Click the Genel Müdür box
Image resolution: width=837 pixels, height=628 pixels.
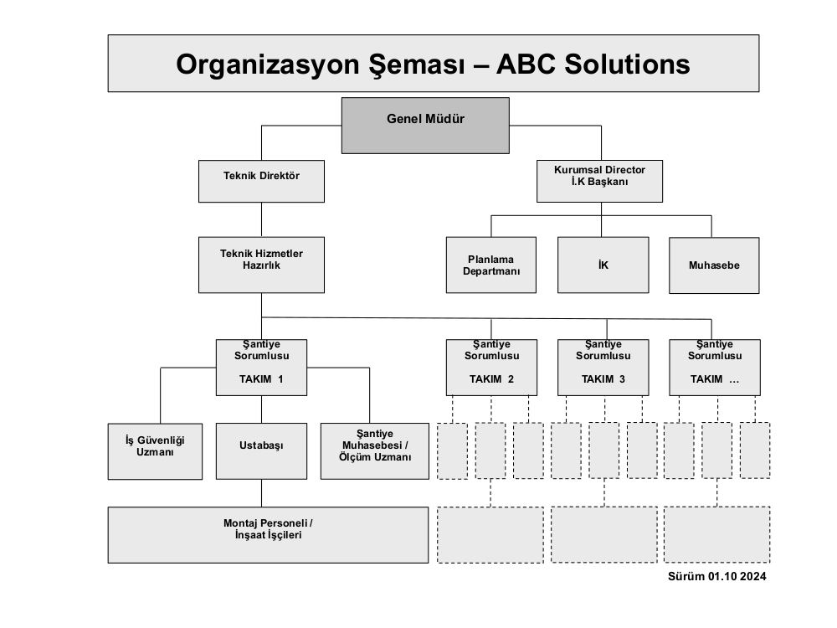(x=425, y=126)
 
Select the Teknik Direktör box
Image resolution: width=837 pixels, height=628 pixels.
(x=261, y=181)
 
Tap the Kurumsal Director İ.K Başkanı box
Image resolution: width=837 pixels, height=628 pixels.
(x=599, y=181)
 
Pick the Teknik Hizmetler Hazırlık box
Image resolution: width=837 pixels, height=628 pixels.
(x=261, y=265)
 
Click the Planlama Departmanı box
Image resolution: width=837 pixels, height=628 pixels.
(x=491, y=265)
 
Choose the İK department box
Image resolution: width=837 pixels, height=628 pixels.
(x=603, y=265)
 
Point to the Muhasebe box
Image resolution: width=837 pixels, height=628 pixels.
(x=714, y=265)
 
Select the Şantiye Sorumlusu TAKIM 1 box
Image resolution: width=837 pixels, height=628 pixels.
(x=261, y=368)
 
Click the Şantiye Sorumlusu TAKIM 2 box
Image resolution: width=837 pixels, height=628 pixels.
(x=491, y=368)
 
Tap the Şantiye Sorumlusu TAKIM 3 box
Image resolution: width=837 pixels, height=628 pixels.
(x=603, y=368)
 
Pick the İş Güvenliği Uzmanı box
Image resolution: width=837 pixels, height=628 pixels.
(x=156, y=451)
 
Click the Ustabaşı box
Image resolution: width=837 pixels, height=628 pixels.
(x=261, y=451)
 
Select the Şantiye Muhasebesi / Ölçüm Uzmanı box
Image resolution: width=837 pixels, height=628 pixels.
(x=375, y=451)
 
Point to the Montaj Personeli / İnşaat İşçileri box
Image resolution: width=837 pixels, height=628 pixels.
(x=268, y=534)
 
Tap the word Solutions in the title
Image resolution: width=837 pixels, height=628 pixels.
(x=627, y=64)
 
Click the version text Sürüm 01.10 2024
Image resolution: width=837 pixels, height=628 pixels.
(x=717, y=576)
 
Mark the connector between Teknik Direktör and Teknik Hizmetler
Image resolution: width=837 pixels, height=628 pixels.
(x=261, y=219)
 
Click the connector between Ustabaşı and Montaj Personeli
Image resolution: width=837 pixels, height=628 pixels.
(x=261, y=493)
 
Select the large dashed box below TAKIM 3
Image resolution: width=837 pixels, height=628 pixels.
(x=604, y=534)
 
